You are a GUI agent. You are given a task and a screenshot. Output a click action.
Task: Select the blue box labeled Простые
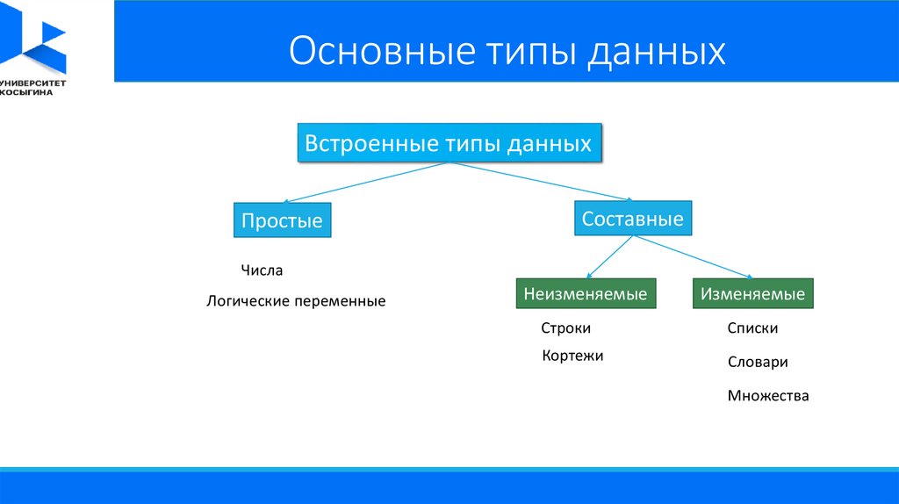[x=283, y=221]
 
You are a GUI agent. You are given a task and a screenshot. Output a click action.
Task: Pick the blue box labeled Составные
[x=633, y=219]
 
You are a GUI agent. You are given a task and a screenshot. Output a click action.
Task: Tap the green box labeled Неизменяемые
[x=586, y=294]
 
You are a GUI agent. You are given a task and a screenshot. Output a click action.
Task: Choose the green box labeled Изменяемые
[x=753, y=294]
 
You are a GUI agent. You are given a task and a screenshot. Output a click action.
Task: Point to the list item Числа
[x=262, y=270]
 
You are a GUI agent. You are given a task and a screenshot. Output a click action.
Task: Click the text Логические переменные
[x=296, y=301]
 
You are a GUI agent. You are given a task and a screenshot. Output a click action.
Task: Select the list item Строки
[x=566, y=328]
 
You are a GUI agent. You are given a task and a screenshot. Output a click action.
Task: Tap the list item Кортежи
[x=573, y=356]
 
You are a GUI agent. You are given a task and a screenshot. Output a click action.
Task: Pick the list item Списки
[x=752, y=328]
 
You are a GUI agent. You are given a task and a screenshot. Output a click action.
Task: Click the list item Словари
[x=758, y=362]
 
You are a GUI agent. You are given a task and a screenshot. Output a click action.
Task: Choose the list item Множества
[x=768, y=396]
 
